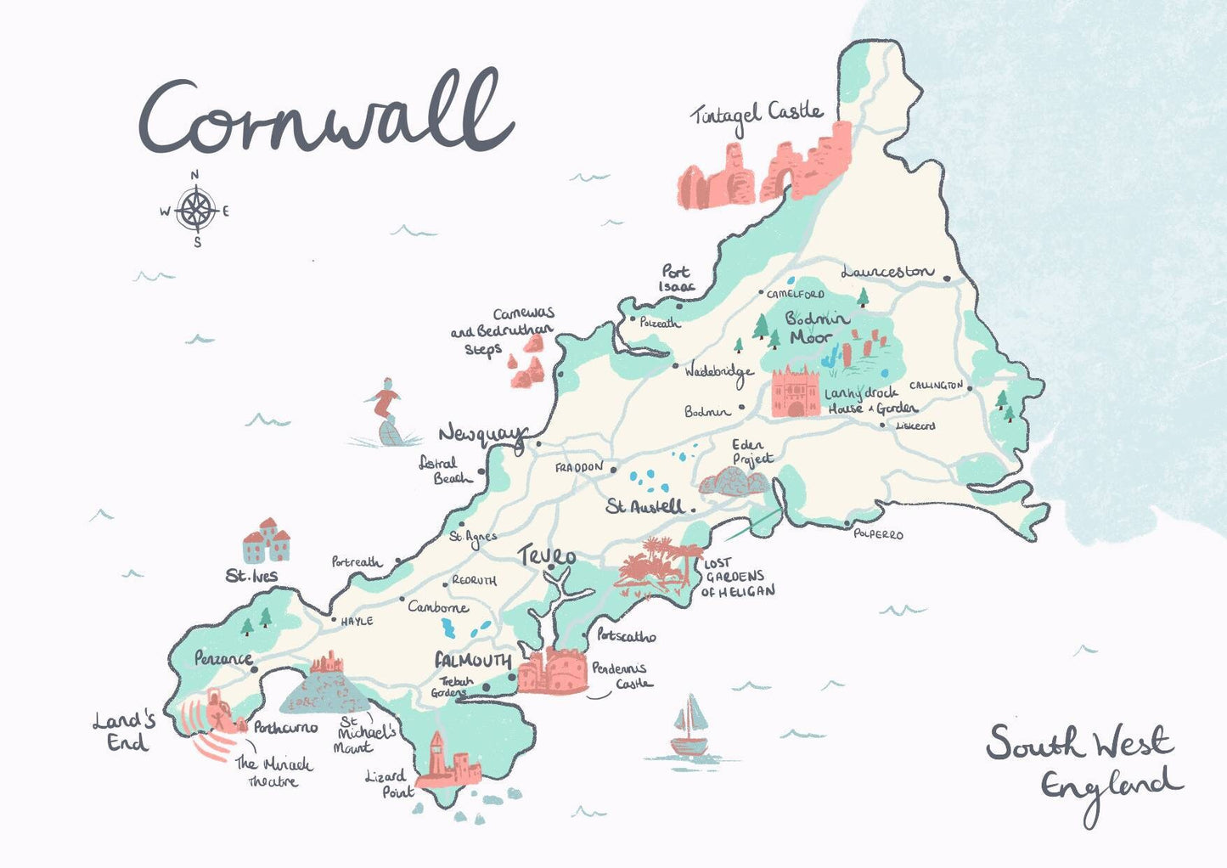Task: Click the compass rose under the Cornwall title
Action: [196, 209]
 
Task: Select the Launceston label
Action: [886, 272]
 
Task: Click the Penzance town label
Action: [222, 658]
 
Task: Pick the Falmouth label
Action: [473, 661]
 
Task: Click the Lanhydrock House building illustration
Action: [795, 392]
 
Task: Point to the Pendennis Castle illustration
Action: [553, 671]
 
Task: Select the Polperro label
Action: [878, 534]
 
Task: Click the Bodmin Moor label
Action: [815, 328]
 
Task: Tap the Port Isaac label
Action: [676, 279]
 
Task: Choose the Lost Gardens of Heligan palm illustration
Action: [652, 562]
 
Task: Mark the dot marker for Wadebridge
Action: [676, 367]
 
